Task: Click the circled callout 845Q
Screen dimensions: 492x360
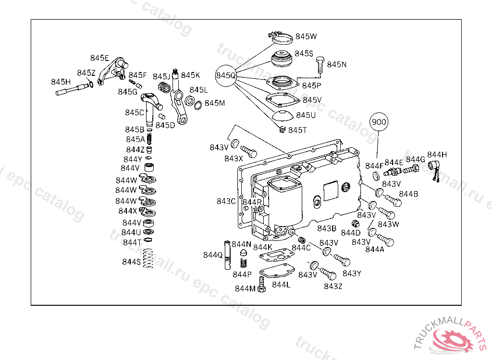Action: tap(226, 75)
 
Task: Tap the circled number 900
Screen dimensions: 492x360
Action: tap(379, 121)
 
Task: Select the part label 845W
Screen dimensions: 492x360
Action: tap(306, 36)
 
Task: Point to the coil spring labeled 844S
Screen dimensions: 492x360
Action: tap(148, 259)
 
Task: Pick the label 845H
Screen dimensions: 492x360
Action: tap(61, 82)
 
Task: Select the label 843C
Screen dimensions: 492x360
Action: tap(226, 201)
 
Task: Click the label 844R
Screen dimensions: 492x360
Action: tap(252, 202)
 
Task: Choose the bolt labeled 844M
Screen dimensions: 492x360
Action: tap(261, 284)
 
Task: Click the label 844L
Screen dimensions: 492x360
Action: tap(281, 285)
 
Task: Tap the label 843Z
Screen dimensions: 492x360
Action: tap(333, 286)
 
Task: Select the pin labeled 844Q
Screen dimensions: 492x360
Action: tap(227, 255)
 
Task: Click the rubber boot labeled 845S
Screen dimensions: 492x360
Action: tap(282, 59)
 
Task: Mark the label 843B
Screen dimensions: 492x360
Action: tap(327, 228)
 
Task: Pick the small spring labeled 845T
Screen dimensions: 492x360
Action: tap(283, 129)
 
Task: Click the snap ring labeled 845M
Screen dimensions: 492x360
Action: tap(197, 105)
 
